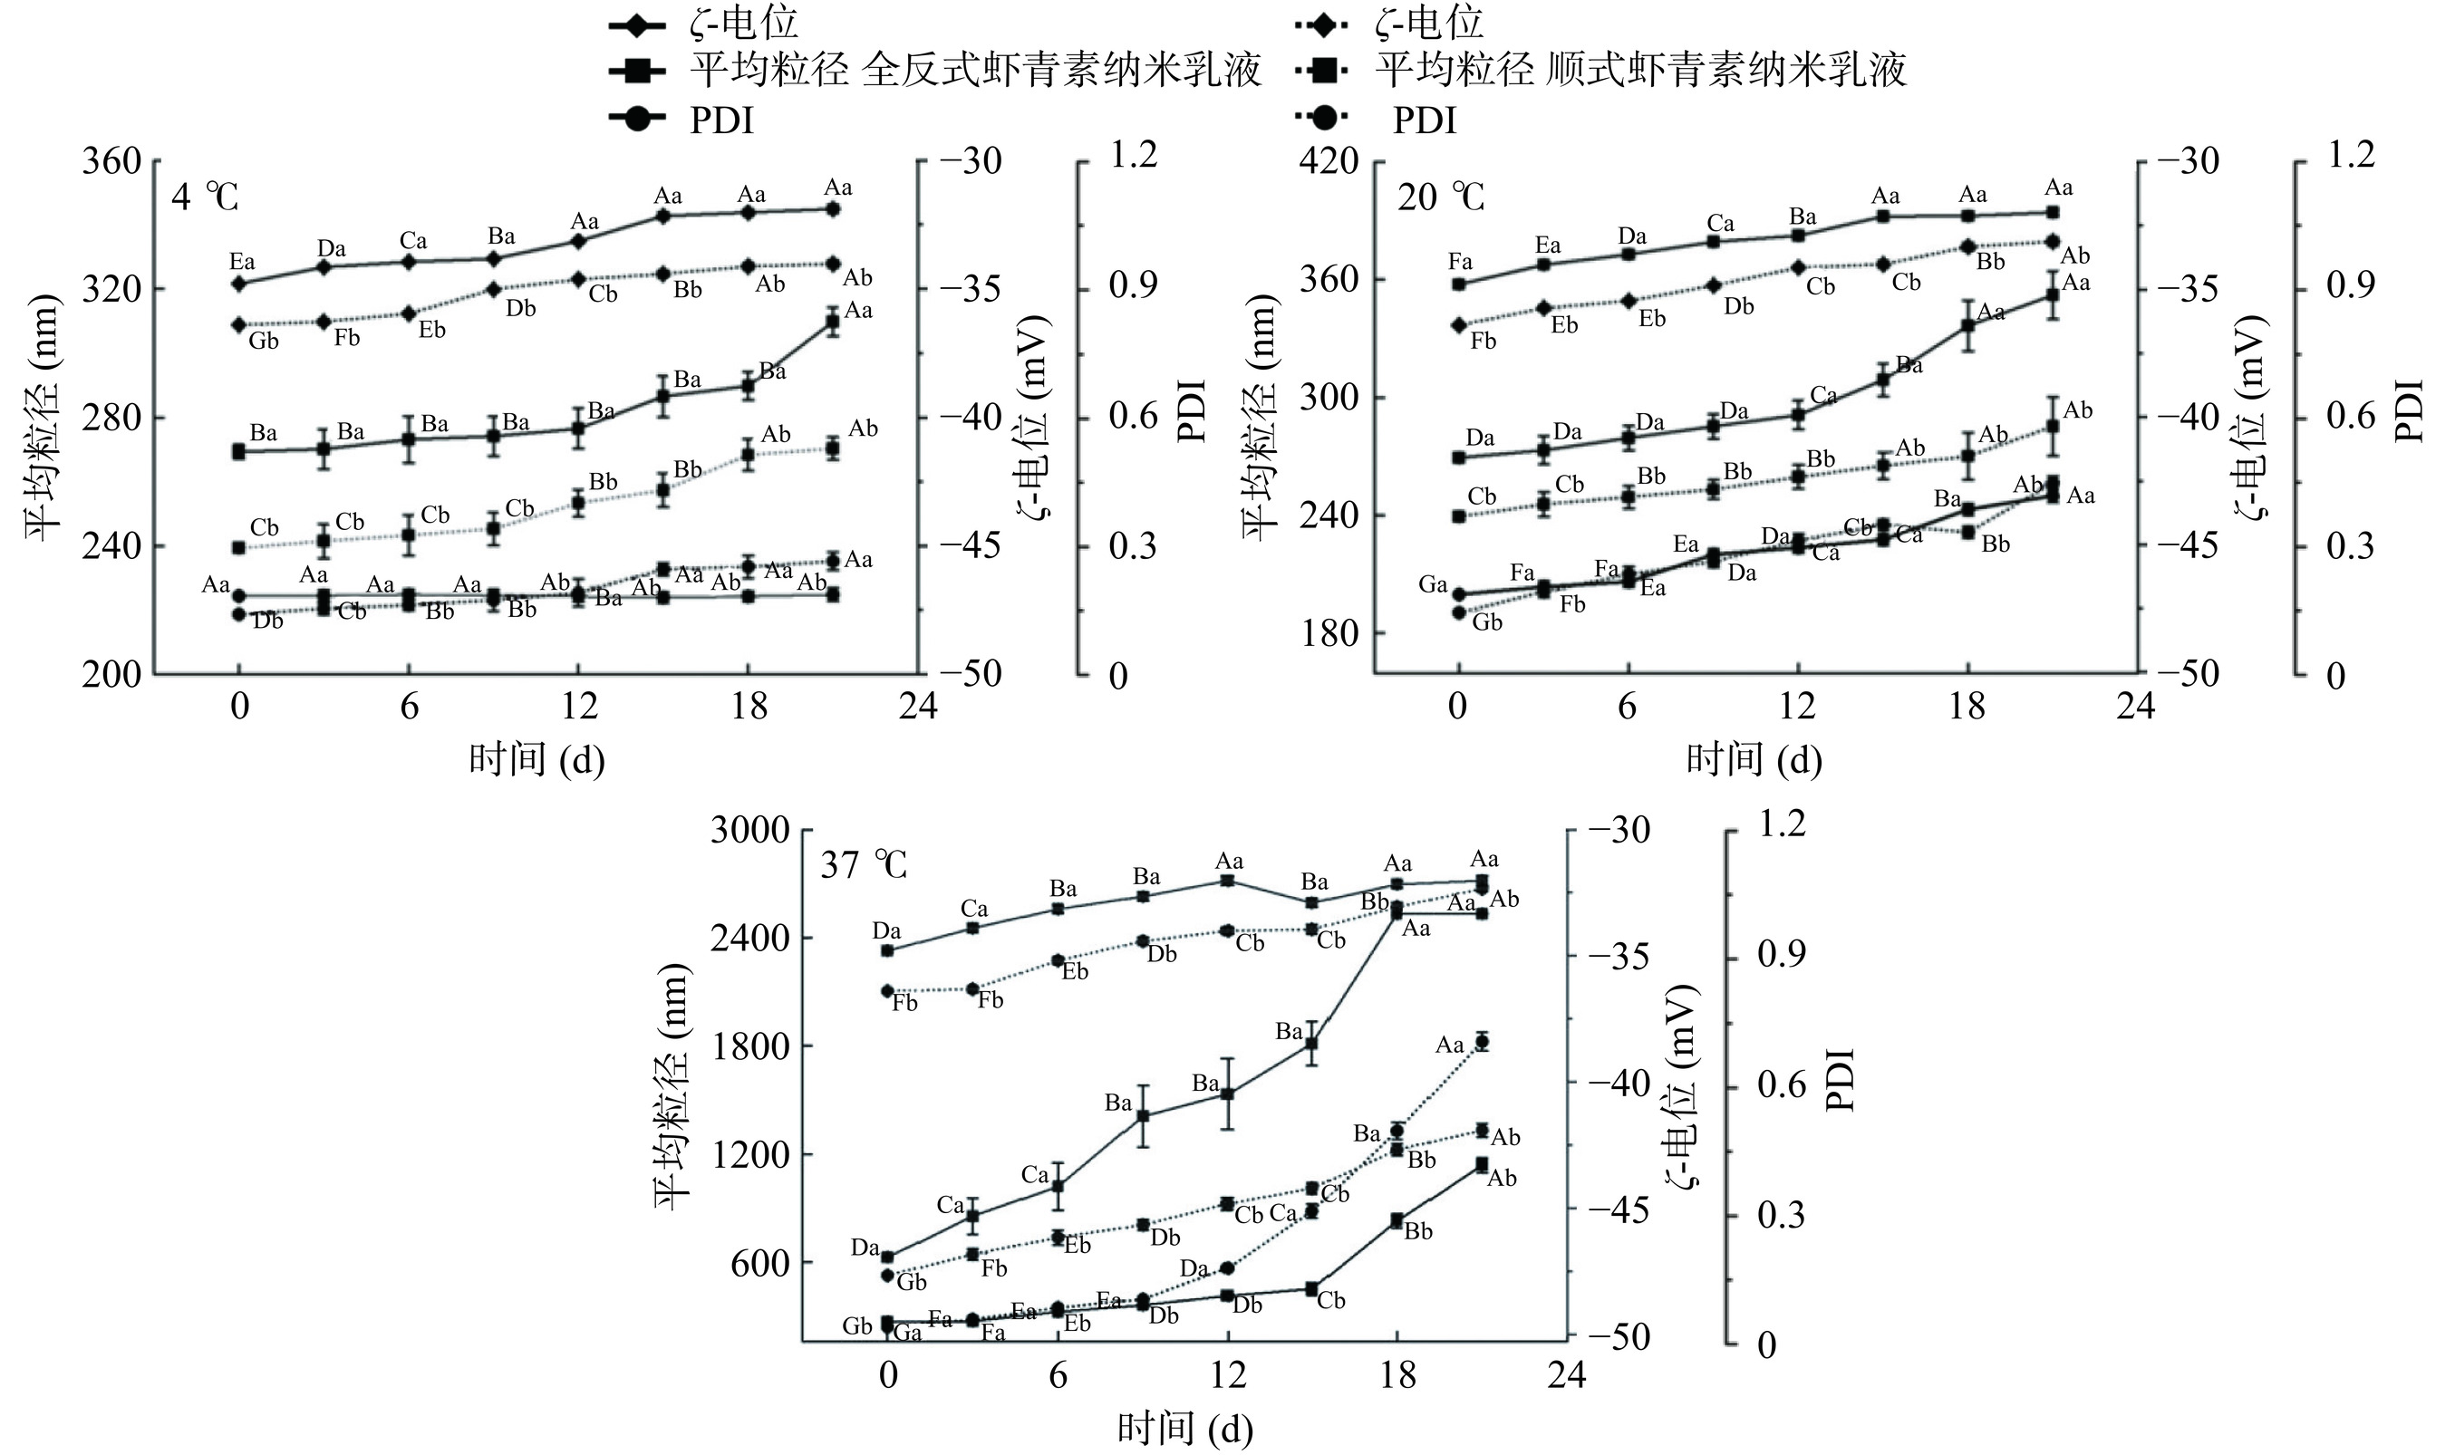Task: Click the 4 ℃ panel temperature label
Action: pos(205,198)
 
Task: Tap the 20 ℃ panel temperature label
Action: pos(1440,198)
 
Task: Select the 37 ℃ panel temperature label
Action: pos(864,866)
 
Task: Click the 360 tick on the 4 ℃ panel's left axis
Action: pos(111,160)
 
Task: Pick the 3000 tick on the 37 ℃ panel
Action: pos(750,831)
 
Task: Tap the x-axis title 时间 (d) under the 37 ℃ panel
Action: pos(1185,1430)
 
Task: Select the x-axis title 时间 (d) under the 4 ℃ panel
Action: pos(536,759)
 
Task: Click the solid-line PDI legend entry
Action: pos(721,120)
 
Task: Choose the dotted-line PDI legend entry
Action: pos(1425,120)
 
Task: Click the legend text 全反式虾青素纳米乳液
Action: pos(1061,71)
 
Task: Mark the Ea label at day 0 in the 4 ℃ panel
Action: pos(242,262)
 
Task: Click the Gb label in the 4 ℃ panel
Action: pos(263,342)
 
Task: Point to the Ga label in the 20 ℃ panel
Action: pos(1433,585)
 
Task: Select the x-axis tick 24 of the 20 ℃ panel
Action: pos(2134,706)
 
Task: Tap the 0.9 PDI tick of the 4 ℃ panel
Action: pos(1133,285)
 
